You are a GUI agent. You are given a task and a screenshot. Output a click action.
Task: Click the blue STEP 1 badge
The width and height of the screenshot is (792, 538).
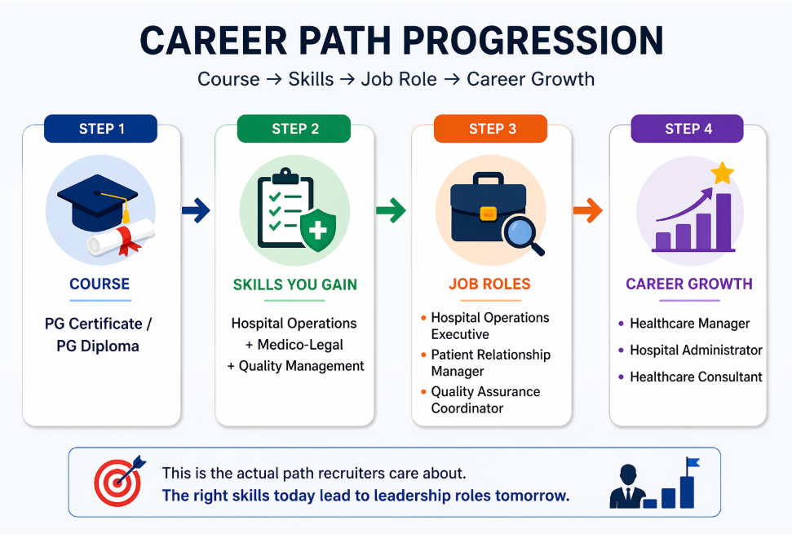click(x=102, y=129)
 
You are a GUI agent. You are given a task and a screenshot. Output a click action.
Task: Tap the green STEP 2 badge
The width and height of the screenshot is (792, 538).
click(x=294, y=129)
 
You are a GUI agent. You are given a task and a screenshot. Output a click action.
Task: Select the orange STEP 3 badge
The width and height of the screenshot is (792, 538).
click(x=492, y=129)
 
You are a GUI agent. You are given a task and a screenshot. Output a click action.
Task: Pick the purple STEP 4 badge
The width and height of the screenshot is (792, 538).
click(x=688, y=129)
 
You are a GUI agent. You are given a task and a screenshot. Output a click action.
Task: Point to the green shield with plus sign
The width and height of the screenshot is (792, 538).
click(x=317, y=231)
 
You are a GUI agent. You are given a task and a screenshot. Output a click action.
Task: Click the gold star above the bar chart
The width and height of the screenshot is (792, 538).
click(x=722, y=173)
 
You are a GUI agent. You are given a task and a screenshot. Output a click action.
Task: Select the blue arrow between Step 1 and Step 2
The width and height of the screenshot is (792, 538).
click(x=196, y=211)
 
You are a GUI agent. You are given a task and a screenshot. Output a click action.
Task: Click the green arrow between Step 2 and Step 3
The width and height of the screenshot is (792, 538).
click(x=391, y=211)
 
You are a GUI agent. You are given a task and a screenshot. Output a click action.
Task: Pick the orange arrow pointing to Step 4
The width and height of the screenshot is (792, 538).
click(x=587, y=211)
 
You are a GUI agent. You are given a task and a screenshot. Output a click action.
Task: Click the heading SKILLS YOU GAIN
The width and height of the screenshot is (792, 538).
click(x=295, y=284)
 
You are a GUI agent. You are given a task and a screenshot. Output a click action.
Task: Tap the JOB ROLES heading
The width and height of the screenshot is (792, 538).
click(x=489, y=284)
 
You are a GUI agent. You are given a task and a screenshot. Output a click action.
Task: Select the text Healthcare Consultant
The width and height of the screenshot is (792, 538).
click(x=696, y=377)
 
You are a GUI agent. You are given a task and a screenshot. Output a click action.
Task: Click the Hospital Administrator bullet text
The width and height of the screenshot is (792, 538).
click(x=696, y=351)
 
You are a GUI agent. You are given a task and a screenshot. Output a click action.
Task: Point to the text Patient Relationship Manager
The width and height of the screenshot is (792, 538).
click(x=490, y=363)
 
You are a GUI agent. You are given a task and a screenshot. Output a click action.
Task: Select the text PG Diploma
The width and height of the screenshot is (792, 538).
click(x=98, y=346)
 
